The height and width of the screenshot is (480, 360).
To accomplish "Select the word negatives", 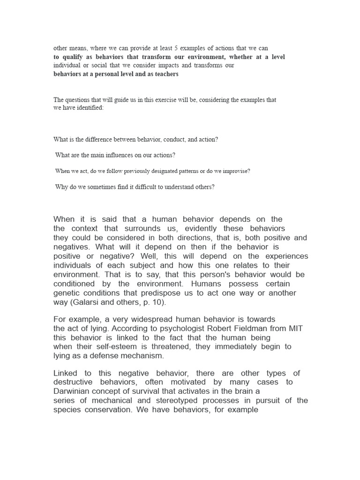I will pyautogui.click(x=71, y=247).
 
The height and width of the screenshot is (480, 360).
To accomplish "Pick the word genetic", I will pyautogui.click(x=66, y=293).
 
